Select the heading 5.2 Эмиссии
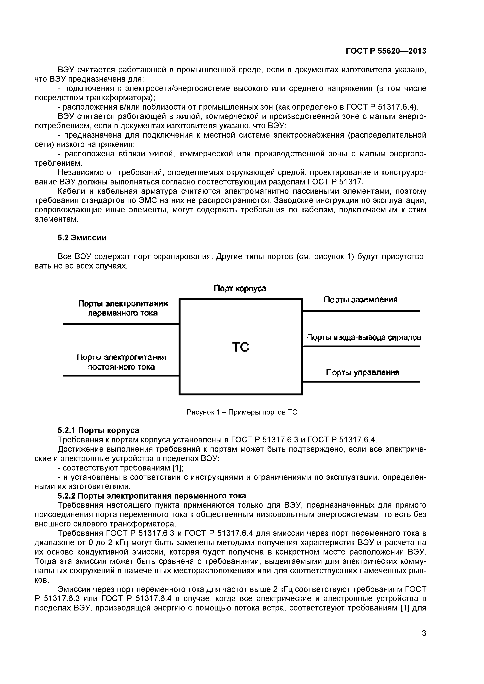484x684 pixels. pos(82,238)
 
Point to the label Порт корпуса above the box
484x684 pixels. pos(240,288)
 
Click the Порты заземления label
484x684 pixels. pos(360,299)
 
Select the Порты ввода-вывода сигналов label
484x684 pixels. pos(364,338)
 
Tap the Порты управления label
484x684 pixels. pos(362,373)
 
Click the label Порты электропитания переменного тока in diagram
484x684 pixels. pos(123,308)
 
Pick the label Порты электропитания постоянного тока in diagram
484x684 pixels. pos(121,362)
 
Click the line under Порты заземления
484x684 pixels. pos(361,311)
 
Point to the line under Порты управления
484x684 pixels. pos(361,382)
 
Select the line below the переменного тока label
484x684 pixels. pos(121,323)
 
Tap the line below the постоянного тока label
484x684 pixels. pos(121,376)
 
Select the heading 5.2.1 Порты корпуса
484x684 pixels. pos(98,431)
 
